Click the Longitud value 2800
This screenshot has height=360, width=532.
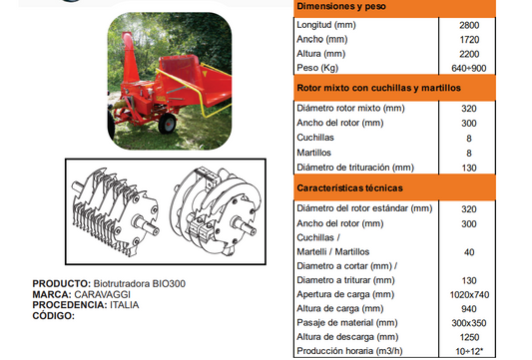tap(469, 25)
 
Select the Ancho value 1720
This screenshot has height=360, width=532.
tap(469, 40)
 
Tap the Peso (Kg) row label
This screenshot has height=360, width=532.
tap(317, 68)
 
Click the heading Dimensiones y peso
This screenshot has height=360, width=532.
tap(341, 6)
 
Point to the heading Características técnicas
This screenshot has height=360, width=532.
tap(349, 188)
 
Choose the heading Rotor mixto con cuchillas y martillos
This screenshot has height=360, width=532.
tap(378, 88)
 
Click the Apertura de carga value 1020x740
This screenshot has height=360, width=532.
tap(469, 295)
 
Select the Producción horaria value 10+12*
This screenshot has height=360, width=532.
tap(469, 352)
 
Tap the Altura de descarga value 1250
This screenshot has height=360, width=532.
tap(469, 337)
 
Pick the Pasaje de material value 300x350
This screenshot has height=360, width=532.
tap(469, 323)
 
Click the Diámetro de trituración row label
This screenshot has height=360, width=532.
tap(355, 168)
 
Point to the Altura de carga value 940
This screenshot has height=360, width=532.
tap(469, 309)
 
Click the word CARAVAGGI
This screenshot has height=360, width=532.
tap(102, 294)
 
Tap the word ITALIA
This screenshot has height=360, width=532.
tap(124, 305)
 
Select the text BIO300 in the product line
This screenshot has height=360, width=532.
tap(169, 284)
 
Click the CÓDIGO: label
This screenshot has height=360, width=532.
tap(53, 316)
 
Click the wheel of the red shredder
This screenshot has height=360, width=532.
tap(168, 124)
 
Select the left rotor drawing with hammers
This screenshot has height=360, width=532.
tap(115, 211)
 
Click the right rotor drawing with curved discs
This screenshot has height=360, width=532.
tap(217, 210)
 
